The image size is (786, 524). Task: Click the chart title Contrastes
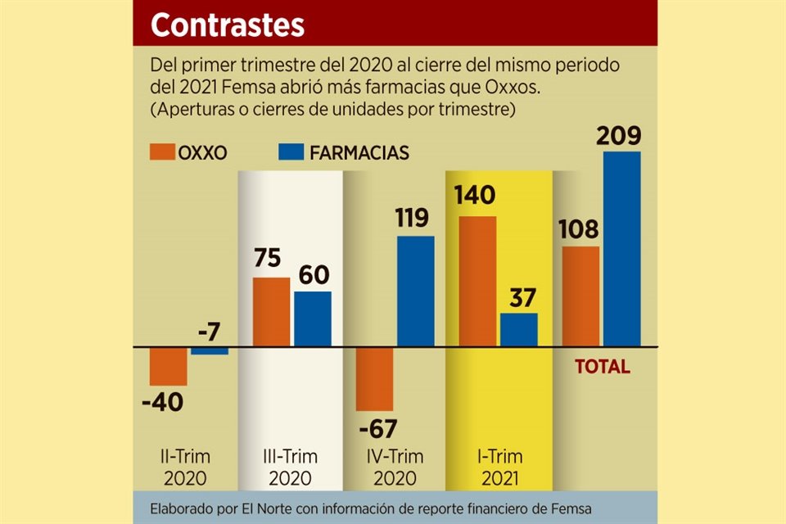tap(227, 25)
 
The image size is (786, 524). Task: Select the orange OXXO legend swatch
tap(162, 152)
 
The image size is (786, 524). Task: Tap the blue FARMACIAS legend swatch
tap(291, 152)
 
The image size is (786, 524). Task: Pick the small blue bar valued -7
tap(210, 350)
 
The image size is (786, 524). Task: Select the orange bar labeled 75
tap(271, 312)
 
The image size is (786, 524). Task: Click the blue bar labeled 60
tap(312, 319)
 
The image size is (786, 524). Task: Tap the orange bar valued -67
tap(374, 379)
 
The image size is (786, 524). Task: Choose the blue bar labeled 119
tap(415, 291)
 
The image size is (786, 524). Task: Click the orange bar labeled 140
tap(477, 282)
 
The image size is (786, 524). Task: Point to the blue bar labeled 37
tap(518, 330)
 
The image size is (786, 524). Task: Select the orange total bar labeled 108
tap(580, 296)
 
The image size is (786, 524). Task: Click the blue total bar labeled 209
tap(621, 249)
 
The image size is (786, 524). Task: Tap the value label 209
tap(621, 135)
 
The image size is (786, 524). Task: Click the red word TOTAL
tap(603, 367)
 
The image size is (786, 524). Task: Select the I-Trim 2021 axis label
tap(499, 467)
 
